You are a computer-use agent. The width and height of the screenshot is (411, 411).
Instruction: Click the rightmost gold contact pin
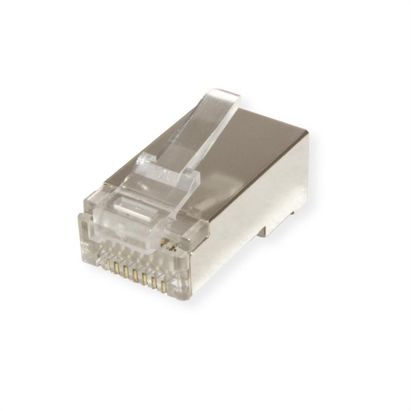[x=164, y=287]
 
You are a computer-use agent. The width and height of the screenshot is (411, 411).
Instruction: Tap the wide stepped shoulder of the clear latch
[x=170, y=177]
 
